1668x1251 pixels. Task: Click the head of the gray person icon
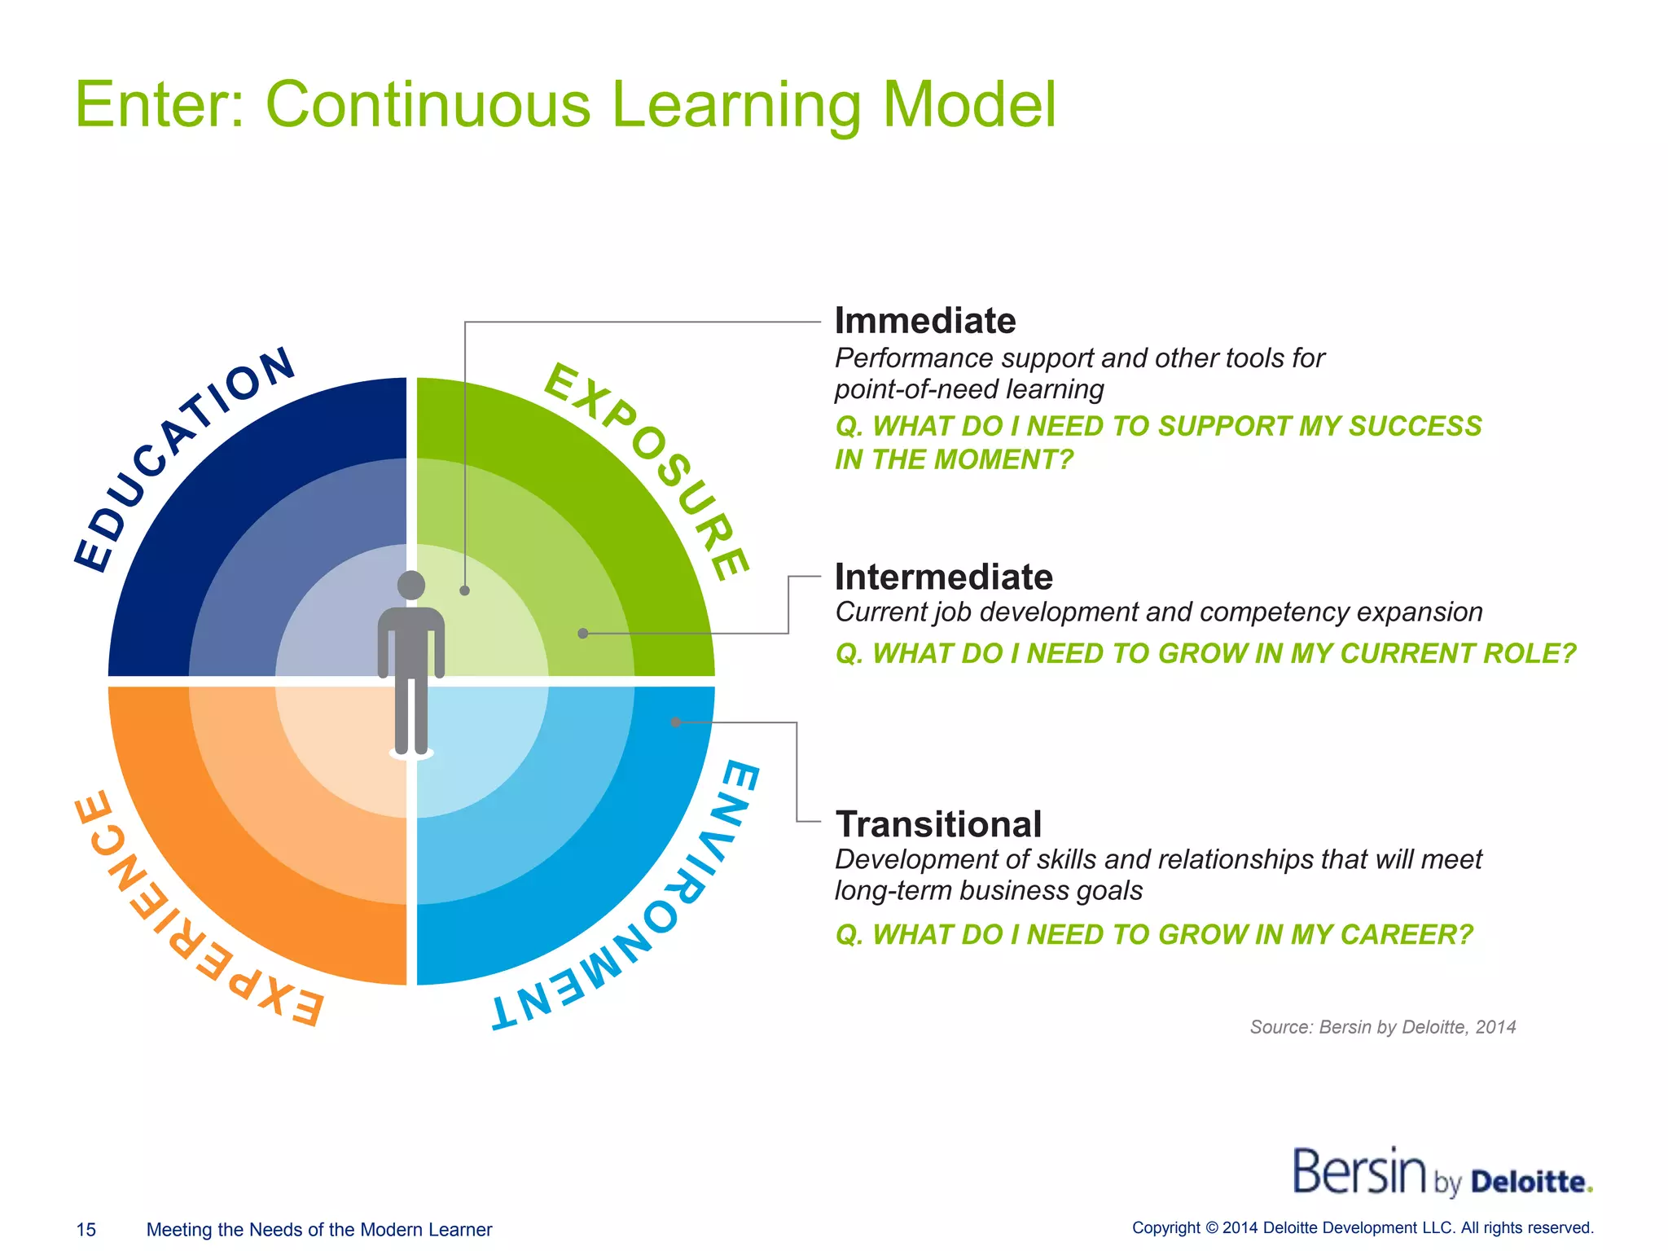click(x=411, y=585)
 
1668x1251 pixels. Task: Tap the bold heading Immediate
click(x=925, y=321)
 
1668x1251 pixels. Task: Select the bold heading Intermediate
click(x=944, y=577)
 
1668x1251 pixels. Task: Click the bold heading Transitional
click(x=938, y=824)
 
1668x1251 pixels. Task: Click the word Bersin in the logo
click(x=1359, y=1173)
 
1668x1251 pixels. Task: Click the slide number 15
click(x=86, y=1230)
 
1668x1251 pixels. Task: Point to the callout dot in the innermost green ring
click(x=464, y=590)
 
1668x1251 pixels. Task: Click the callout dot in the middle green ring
click(x=582, y=634)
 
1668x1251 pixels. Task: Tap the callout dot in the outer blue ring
click(x=675, y=722)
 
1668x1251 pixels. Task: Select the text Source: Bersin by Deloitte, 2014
click(x=1382, y=1027)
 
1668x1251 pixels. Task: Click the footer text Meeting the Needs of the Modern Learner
click(x=318, y=1230)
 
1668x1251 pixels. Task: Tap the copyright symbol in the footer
click(x=1211, y=1228)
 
